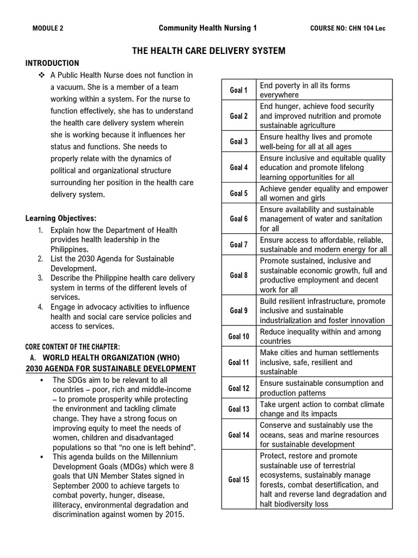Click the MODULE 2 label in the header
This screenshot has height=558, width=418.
[x=48, y=29]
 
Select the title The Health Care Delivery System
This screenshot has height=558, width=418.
[x=209, y=51]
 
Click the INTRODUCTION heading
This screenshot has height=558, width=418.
[x=52, y=63]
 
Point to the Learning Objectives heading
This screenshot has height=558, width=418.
[x=61, y=219]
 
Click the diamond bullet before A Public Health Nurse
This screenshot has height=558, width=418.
[x=41, y=75]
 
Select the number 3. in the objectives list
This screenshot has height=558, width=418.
[x=40, y=278]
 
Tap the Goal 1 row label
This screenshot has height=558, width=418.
[x=238, y=90]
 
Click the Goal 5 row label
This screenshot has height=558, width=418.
[x=238, y=193]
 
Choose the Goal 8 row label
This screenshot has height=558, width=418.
[x=238, y=275]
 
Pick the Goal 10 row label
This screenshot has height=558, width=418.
[x=238, y=337]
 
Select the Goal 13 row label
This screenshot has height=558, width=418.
[x=238, y=409]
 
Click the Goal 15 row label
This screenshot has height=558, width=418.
[x=238, y=480]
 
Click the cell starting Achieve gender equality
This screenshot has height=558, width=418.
[x=324, y=193]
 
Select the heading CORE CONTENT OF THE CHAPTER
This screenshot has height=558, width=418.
[x=73, y=347]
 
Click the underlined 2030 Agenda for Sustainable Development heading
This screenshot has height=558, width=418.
[x=110, y=369]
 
